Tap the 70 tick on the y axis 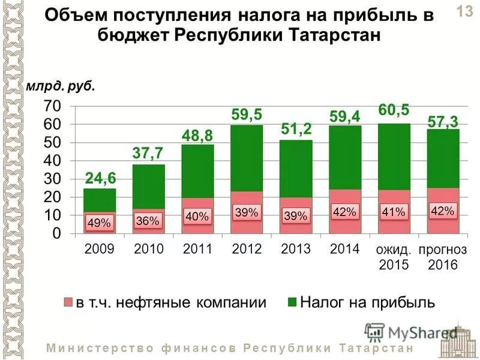tap(52, 106)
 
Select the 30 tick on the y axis tap(52, 179)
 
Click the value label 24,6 tap(100, 178)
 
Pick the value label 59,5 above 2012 tap(247, 114)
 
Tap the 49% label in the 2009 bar tap(99, 223)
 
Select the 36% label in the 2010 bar tap(148, 220)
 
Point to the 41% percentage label tap(394, 211)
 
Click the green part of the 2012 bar tap(247, 159)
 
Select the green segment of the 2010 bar tap(148, 186)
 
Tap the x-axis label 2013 tap(295, 249)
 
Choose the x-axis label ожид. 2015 tap(394, 257)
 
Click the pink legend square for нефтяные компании tap(68, 302)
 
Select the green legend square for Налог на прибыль tap(292, 302)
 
